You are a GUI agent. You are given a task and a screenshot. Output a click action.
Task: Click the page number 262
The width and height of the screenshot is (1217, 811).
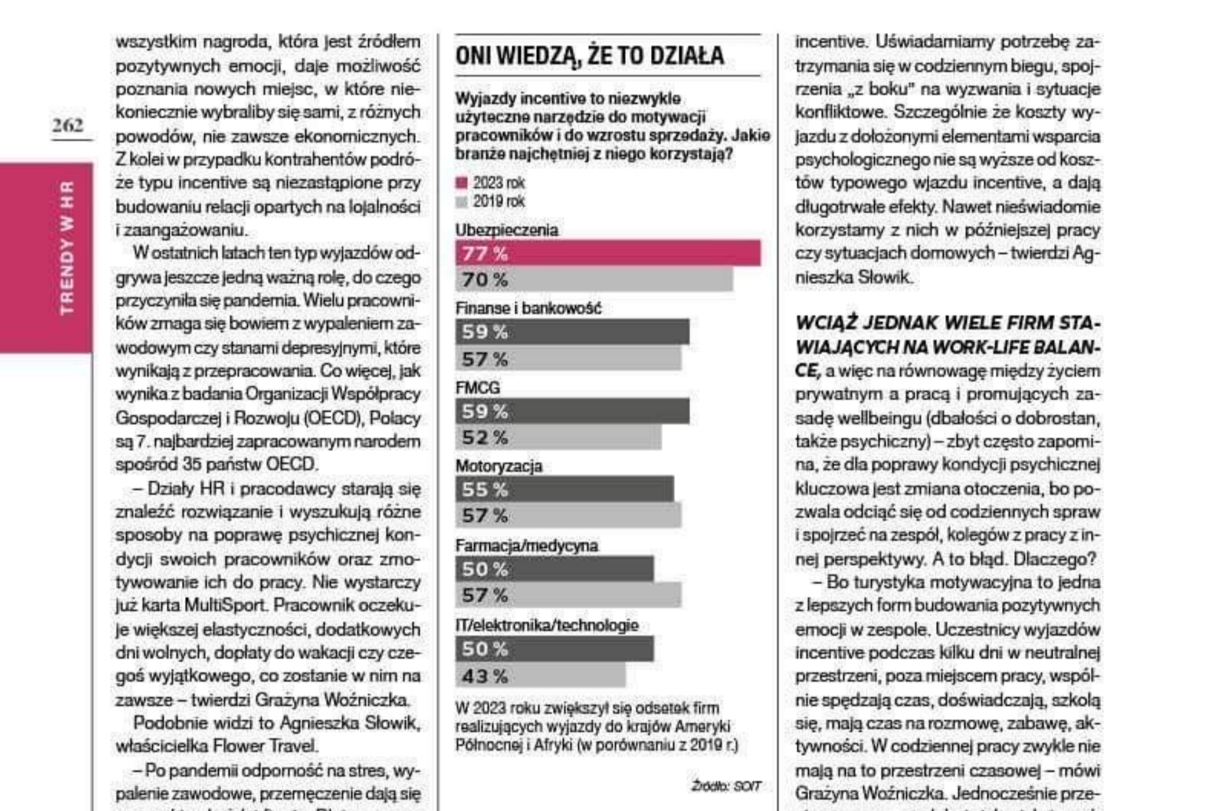pyautogui.click(x=68, y=125)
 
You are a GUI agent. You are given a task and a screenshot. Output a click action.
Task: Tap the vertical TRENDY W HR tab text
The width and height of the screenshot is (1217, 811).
pyautogui.click(x=67, y=248)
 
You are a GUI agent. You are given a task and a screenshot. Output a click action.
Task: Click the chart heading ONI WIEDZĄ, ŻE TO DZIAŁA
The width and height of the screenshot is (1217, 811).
pyautogui.click(x=589, y=56)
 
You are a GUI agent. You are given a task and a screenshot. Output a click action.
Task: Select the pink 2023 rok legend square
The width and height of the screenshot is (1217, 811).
pyautogui.click(x=461, y=183)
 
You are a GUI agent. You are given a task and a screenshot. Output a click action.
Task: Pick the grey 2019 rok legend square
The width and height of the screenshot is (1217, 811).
pyautogui.click(x=461, y=202)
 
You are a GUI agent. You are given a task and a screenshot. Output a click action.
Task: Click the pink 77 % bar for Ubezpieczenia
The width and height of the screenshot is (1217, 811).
pyautogui.click(x=607, y=253)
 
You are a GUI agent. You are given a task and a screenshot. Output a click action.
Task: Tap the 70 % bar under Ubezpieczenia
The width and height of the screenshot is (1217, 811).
pyautogui.click(x=593, y=279)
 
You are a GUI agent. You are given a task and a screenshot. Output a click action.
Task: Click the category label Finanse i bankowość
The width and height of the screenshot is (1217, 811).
pyautogui.click(x=528, y=309)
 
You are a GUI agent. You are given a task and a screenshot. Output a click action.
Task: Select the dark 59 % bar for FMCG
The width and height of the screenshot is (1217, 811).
pyautogui.click(x=572, y=411)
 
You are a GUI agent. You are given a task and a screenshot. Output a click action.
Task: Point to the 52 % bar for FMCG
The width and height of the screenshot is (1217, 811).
pyautogui.click(x=558, y=437)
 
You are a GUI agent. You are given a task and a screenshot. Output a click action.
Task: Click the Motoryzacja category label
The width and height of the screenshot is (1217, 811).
pyautogui.click(x=499, y=466)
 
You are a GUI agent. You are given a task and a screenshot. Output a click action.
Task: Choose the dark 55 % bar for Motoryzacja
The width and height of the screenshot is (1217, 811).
pyautogui.click(x=564, y=490)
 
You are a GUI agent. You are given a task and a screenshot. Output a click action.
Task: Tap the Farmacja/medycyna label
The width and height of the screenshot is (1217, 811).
pyautogui.click(x=526, y=546)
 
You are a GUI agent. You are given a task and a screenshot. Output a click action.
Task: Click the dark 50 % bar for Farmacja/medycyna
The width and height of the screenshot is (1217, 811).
pyautogui.click(x=554, y=569)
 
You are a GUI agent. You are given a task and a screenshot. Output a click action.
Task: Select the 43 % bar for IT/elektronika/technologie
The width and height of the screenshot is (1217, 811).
pyautogui.click(x=540, y=676)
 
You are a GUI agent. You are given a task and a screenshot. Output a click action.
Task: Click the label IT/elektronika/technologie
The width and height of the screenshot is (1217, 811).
pyautogui.click(x=546, y=625)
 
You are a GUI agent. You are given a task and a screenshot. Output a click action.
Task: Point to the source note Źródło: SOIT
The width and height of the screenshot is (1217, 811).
pyautogui.click(x=725, y=786)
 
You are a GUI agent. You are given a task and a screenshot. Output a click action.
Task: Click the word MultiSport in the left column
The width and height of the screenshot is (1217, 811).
pyautogui.click(x=224, y=605)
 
